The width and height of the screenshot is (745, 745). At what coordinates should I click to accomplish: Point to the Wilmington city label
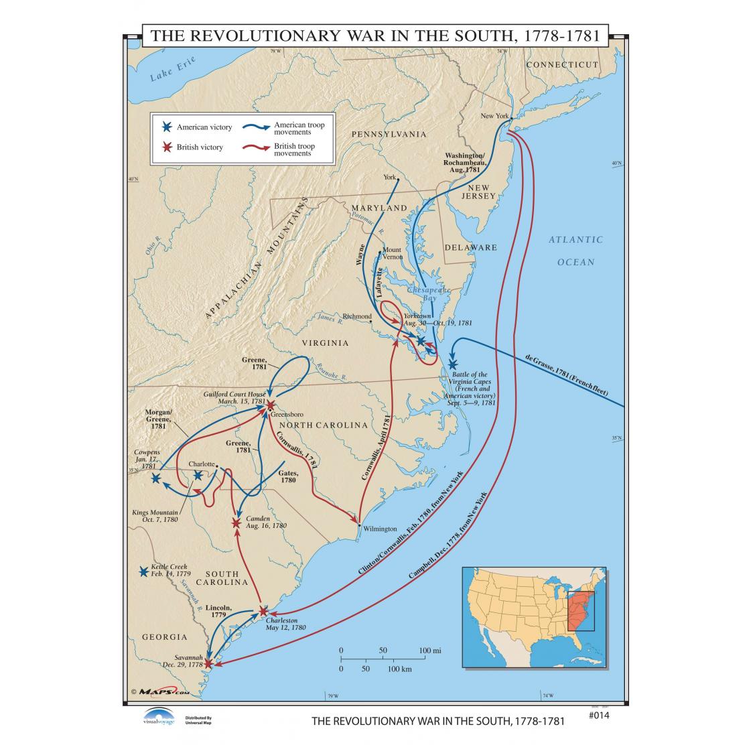[x=381, y=528]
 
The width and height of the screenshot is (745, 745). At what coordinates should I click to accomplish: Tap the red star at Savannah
[x=208, y=663]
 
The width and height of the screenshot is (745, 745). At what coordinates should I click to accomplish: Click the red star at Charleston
[x=263, y=610]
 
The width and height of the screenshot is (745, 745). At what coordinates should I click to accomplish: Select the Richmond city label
[x=356, y=316]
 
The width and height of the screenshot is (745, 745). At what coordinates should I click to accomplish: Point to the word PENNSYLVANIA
[x=389, y=134]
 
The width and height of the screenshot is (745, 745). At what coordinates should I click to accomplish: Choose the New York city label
[x=494, y=116]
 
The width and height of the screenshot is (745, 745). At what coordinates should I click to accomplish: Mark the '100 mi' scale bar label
[x=431, y=650]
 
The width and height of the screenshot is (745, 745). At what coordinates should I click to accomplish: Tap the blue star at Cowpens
[x=156, y=478]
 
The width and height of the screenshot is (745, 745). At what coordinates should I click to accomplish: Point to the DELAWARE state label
[x=471, y=247]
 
